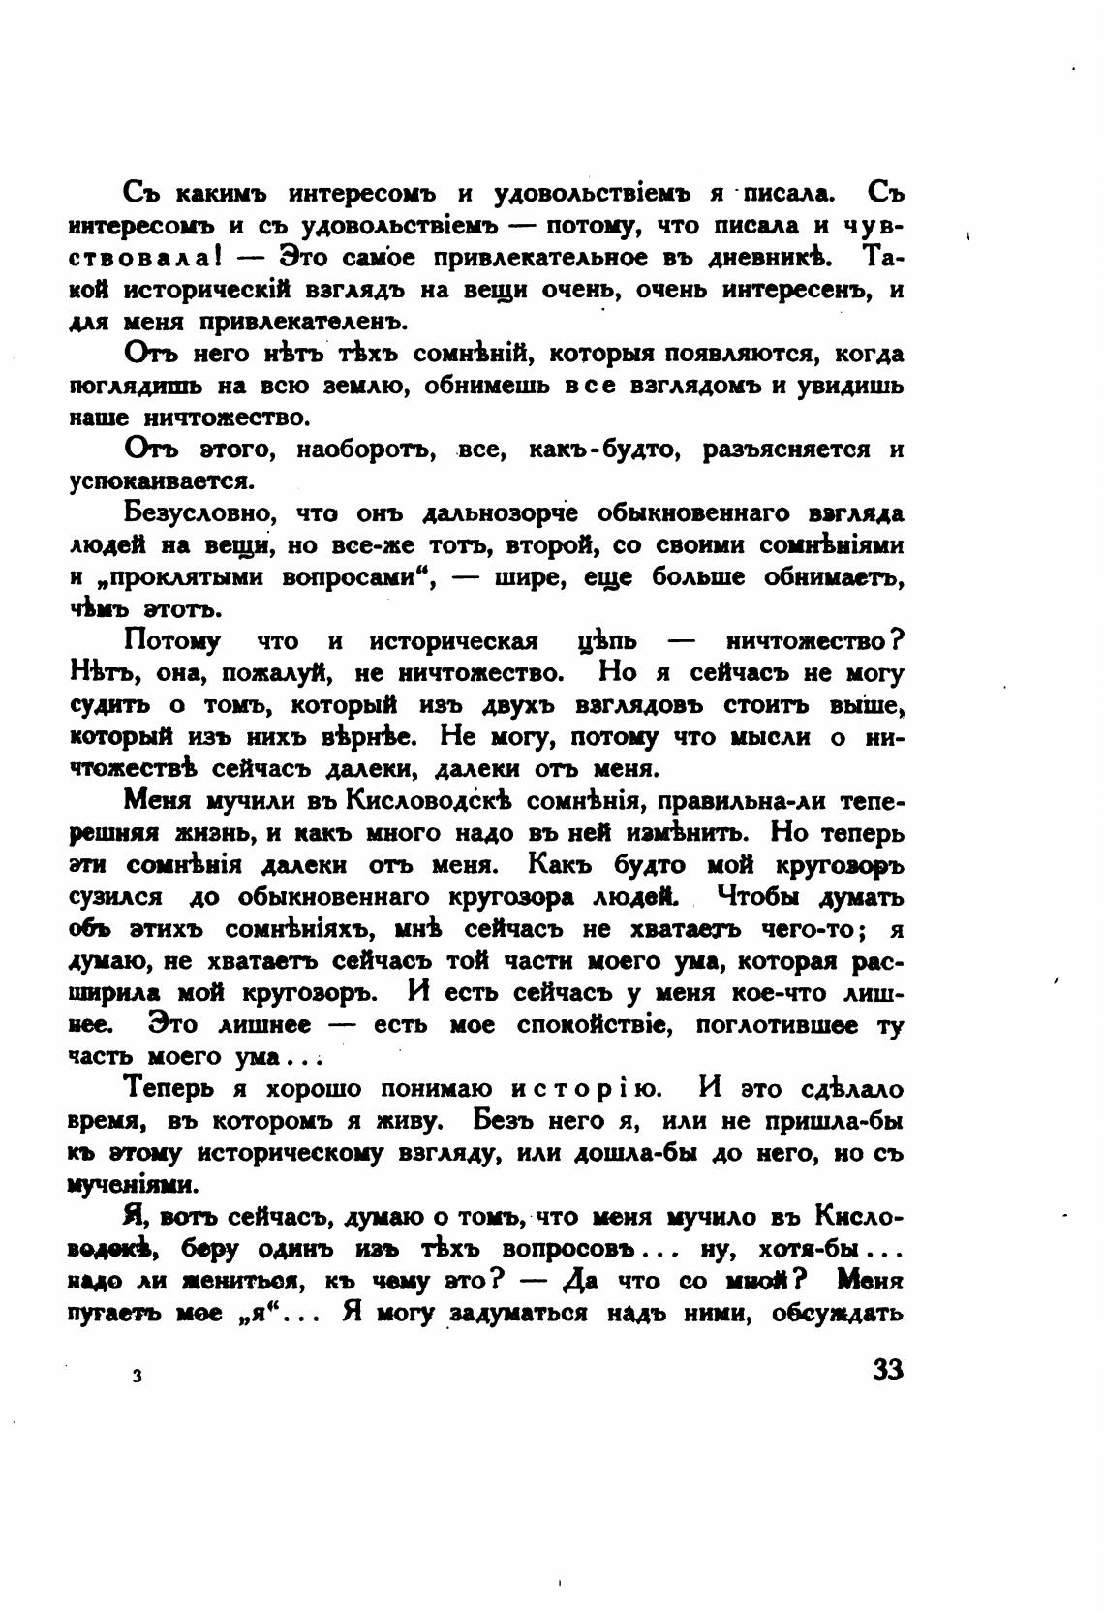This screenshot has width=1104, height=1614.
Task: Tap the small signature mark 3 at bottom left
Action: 138,1376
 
